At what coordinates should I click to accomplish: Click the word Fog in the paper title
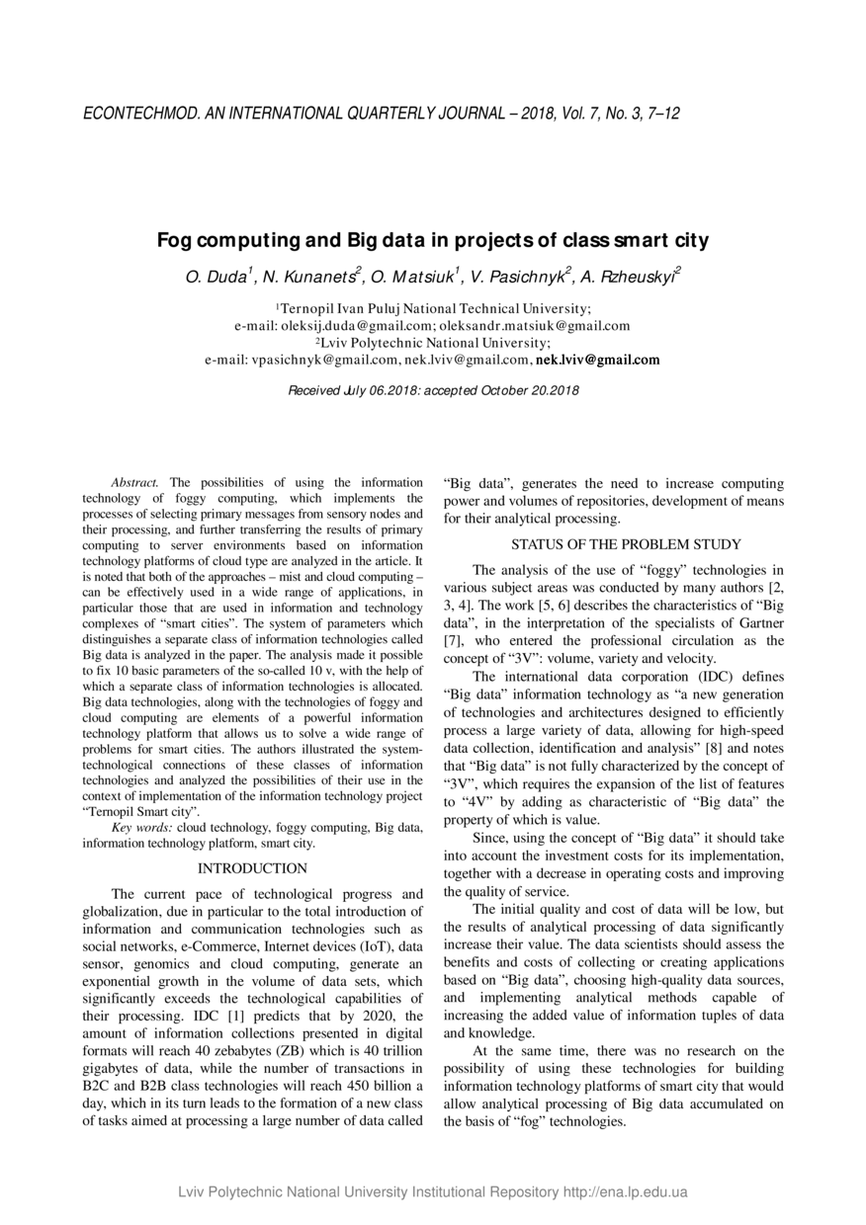175,240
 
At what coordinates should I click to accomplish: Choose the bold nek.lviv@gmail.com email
597,360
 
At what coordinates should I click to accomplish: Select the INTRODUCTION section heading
252,868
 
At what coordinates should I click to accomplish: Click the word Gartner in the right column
755,623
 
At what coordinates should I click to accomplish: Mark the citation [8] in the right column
714,748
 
